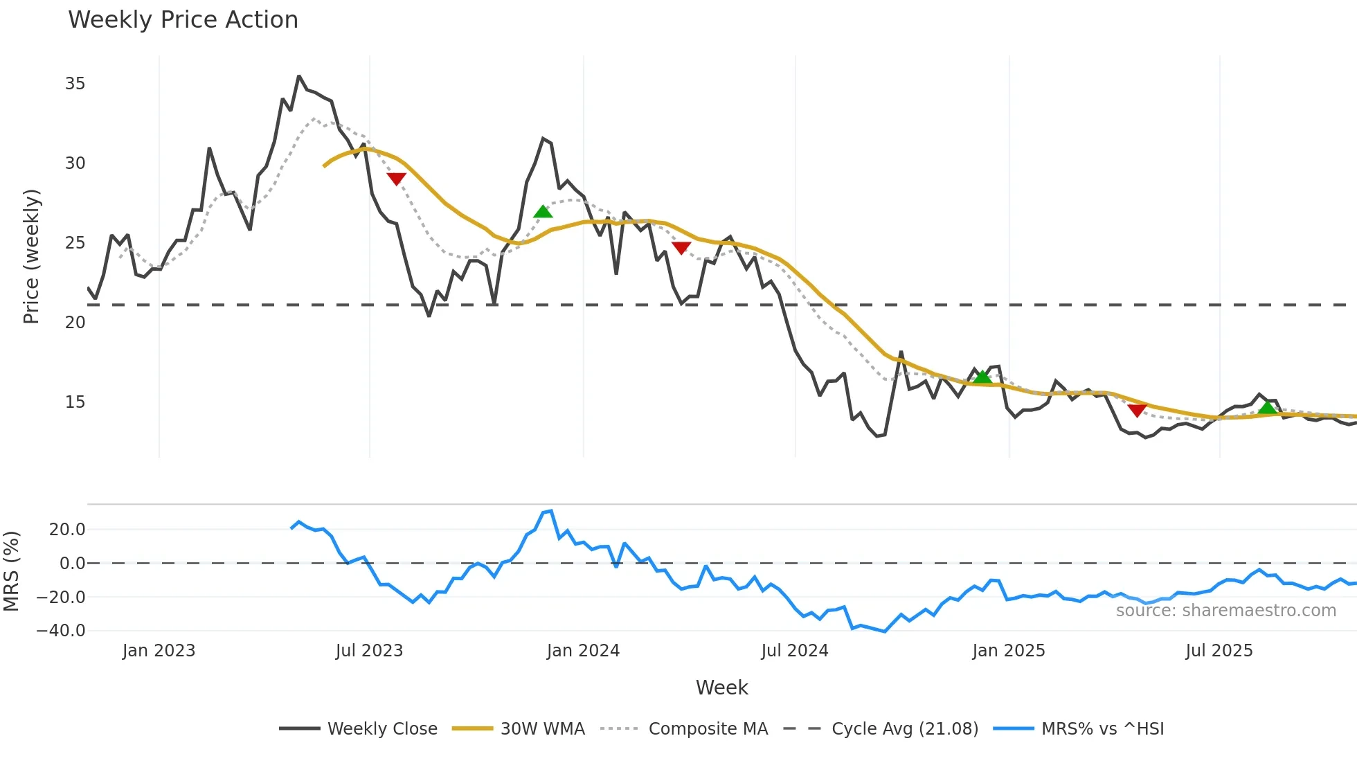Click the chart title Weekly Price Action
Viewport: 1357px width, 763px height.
tap(183, 20)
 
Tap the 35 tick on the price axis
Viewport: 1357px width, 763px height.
tap(75, 84)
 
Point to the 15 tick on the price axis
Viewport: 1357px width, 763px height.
tap(75, 402)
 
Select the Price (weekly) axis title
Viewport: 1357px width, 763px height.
tap(31, 256)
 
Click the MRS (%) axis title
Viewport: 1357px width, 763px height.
tap(11, 571)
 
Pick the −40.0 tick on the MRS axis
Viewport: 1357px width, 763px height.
tap(61, 631)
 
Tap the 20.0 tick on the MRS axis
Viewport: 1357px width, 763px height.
tap(67, 530)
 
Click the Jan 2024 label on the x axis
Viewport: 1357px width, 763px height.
tap(583, 651)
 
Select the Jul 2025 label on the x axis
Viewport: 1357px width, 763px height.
tap(1219, 651)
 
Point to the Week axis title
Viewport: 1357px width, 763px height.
tap(721, 688)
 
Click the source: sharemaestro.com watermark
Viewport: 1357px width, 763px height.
tap(1225, 611)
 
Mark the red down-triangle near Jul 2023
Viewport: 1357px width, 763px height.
tap(396, 179)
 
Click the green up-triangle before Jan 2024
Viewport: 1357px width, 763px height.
tap(543, 211)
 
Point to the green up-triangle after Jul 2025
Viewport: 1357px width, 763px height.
tap(1267, 407)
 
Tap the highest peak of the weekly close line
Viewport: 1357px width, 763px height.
tap(299, 76)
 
